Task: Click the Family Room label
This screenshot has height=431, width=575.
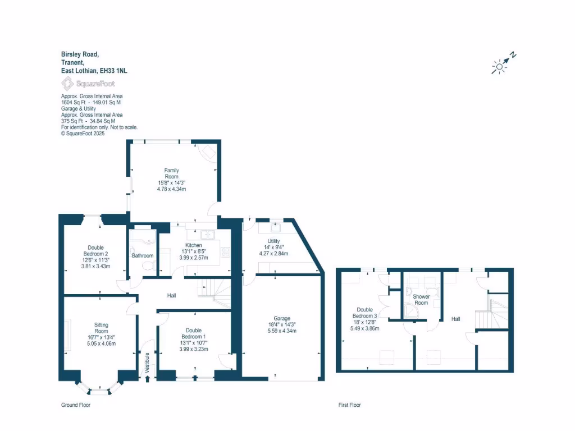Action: click(171, 173)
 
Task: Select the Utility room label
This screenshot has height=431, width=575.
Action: click(273, 241)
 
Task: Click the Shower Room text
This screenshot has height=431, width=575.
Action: click(421, 300)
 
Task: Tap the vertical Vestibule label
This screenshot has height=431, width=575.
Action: click(147, 362)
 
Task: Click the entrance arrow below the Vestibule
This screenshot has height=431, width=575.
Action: click(148, 379)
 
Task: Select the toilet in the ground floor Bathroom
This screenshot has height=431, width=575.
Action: click(148, 268)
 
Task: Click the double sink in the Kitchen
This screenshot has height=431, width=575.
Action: click(208, 235)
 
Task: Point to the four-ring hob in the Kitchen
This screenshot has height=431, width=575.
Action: click(225, 252)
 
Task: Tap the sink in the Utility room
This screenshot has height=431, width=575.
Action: click(276, 228)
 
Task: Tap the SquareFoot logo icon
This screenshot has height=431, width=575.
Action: click(67, 84)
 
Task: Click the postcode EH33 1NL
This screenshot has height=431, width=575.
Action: click(113, 71)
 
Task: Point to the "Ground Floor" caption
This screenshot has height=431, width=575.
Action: click(75, 405)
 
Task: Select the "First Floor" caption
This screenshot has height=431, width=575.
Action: click(349, 405)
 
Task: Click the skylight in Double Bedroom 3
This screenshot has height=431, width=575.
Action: click(386, 357)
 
